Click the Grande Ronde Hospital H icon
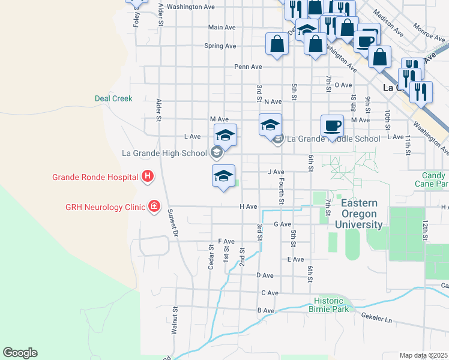pyautogui.click(x=148, y=176)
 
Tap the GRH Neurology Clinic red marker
pyautogui.click(x=154, y=206)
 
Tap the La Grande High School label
pyautogui.click(x=164, y=153)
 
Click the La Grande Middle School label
pyautogui.click(x=333, y=139)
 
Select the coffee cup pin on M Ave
pyautogui.click(x=332, y=126)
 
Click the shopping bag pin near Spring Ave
pyautogui.click(x=277, y=44)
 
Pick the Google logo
pyautogui.click(x=20, y=353)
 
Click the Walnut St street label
pyautogui.click(x=173, y=320)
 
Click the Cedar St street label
pyautogui.click(x=211, y=257)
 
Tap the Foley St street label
pyautogui.click(x=136, y=17)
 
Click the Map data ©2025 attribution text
pyautogui.click(x=424, y=355)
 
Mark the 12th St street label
pyautogui.click(x=424, y=229)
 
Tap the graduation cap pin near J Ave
pyautogui.click(x=223, y=176)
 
